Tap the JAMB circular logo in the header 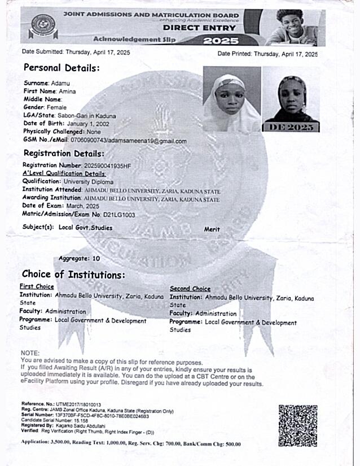(41, 25)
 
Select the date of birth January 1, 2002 (87, 123)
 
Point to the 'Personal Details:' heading (61, 68)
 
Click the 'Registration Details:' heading (64, 153)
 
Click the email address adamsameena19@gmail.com (150, 141)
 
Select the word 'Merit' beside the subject (212, 229)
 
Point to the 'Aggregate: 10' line (79, 258)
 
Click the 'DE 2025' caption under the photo (291, 127)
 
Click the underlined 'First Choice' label (37, 287)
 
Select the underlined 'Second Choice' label (190, 289)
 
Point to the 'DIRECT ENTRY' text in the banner (200, 27)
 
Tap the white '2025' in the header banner (221, 41)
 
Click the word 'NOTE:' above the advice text (29, 353)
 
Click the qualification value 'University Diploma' (89, 182)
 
